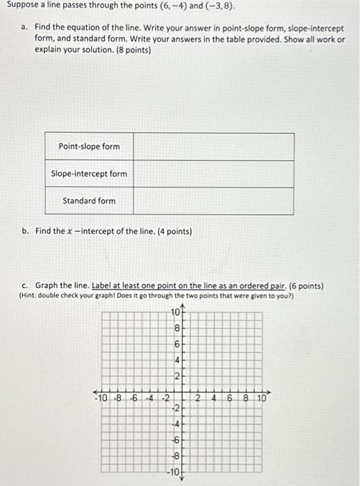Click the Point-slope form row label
point(89,146)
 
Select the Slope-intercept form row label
point(89,174)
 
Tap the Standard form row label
point(89,201)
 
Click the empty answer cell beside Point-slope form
point(213,146)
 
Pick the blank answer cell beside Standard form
point(213,201)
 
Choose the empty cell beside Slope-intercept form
point(213,174)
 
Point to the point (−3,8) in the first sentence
point(216,7)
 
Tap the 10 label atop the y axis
point(175,312)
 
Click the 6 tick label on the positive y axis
point(177,344)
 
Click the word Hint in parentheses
point(30,295)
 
